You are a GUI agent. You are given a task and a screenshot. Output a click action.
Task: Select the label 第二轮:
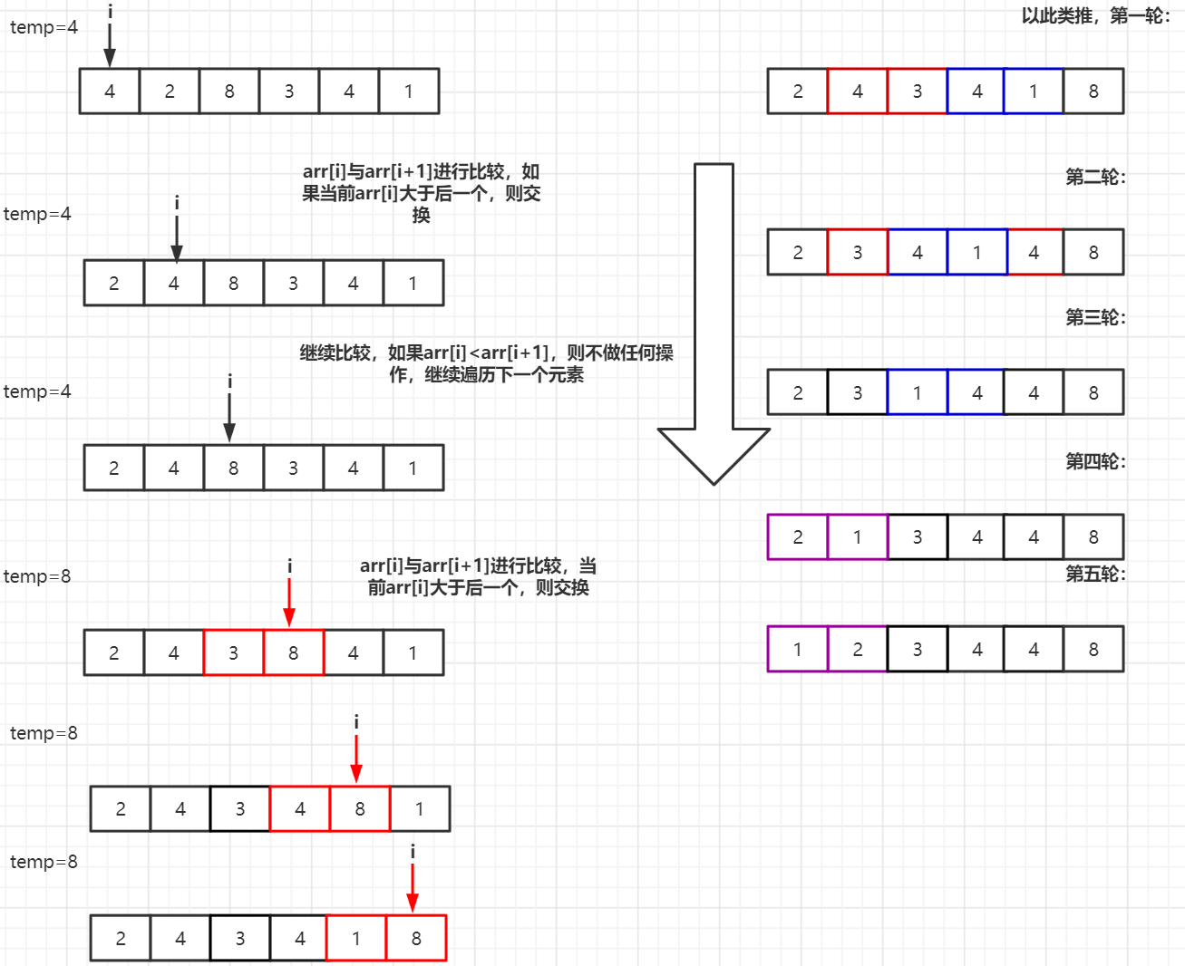(1095, 177)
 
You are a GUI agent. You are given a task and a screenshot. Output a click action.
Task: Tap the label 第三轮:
(1095, 317)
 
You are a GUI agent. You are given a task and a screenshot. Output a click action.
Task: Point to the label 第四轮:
(1095, 461)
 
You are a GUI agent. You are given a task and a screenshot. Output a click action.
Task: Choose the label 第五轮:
(1095, 574)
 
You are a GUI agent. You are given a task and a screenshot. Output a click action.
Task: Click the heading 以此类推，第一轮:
(1095, 15)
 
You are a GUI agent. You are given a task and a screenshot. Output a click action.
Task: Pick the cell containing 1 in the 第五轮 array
(798, 649)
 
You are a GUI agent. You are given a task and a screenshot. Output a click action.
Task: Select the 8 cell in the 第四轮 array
(1093, 536)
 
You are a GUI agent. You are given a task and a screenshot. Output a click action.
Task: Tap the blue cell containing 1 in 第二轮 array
(977, 252)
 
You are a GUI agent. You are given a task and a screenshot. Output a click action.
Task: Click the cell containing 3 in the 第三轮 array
(858, 392)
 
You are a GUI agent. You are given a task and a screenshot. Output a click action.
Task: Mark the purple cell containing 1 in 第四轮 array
(858, 536)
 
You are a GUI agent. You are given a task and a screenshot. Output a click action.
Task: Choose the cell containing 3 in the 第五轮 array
(918, 649)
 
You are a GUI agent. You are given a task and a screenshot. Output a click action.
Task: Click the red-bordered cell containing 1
(356, 938)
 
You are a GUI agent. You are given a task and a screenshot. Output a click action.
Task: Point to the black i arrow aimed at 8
(229, 410)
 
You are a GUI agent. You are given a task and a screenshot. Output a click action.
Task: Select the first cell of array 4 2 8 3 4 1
(110, 91)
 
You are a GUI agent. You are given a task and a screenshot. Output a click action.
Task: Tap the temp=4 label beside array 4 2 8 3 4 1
(44, 27)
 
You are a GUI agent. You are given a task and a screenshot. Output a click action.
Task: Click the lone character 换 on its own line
(421, 215)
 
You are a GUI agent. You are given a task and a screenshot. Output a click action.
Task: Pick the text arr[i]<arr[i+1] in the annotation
(486, 353)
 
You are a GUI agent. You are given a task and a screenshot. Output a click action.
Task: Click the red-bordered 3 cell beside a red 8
(234, 652)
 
